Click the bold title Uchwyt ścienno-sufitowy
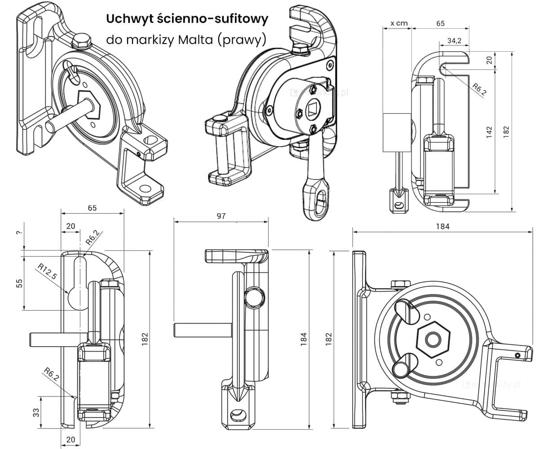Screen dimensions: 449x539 (187, 19)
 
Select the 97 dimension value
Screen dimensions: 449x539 (221, 216)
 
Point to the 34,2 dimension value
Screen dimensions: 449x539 (455, 40)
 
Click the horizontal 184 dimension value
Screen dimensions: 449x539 (442, 227)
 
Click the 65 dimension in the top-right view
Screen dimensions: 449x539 (440, 23)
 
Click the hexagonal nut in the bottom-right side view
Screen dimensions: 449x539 (433, 339)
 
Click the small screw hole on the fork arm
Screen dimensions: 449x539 (517, 355)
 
